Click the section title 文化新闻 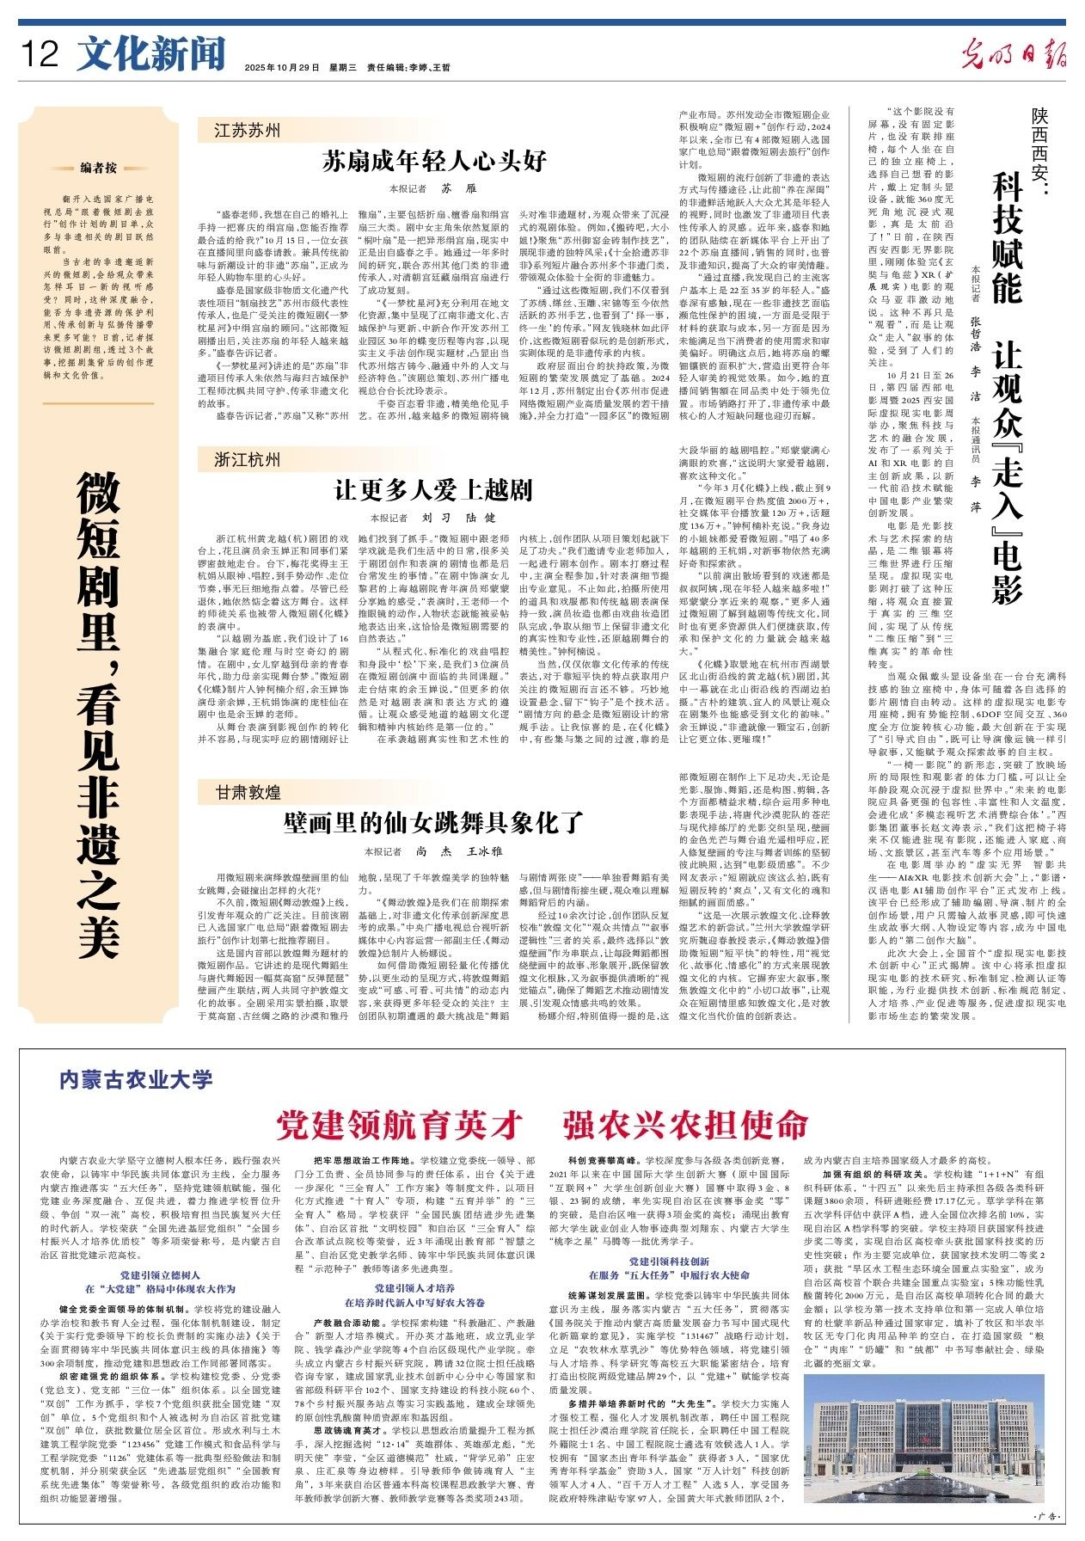tap(150, 54)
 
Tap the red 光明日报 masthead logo tap(1015, 55)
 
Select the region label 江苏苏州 tap(248, 131)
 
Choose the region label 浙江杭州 tap(248, 460)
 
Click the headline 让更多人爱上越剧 tap(434, 491)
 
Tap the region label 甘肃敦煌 tap(248, 791)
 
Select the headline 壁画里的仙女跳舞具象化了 tap(434, 822)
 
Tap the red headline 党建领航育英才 tap(400, 1124)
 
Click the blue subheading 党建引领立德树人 tap(160, 1274)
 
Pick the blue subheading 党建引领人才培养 tap(414, 1288)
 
